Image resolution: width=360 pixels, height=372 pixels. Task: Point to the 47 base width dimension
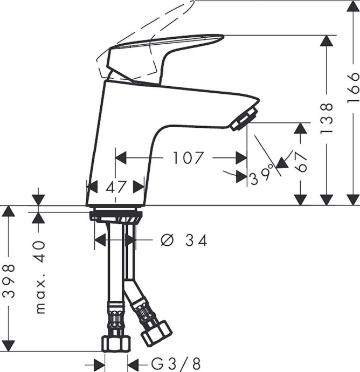[x=115, y=187]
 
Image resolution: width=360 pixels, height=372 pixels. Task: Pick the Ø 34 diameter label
[x=184, y=240]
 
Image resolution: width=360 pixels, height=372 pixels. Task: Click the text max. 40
[x=40, y=277]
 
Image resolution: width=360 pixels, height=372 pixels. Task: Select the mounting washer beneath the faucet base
[x=115, y=216]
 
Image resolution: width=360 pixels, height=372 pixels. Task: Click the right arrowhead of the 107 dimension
[x=242, y=158]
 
